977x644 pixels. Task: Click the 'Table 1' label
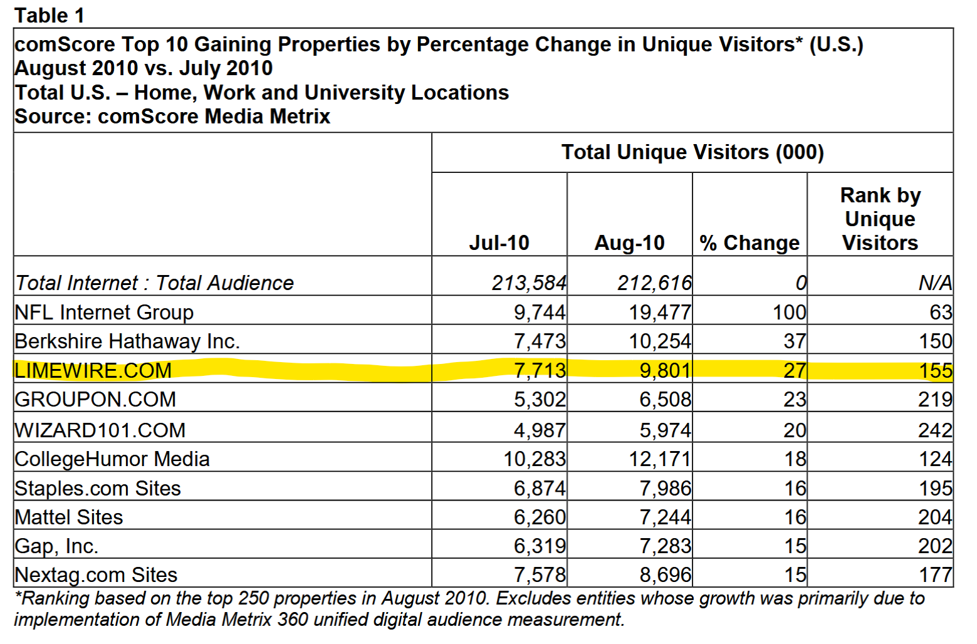[49, 15]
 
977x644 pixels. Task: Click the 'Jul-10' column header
[499, 242]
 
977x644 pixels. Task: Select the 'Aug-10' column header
[629, 242]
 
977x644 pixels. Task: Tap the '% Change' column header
[750, 242]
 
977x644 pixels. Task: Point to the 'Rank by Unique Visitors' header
[880, 219]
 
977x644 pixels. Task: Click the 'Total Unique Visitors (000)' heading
[692, 152]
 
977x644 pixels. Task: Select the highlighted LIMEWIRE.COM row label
[93, 370]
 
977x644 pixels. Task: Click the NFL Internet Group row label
[104, 312]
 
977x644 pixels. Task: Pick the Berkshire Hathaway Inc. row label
[127, 341]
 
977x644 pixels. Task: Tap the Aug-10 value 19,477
[660, 312]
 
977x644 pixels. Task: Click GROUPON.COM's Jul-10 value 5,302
[540, 399]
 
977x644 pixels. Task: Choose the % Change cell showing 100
[789, 312]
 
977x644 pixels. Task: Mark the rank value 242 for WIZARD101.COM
[935, 430]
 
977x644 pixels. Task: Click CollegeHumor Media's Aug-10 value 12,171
[660, 459]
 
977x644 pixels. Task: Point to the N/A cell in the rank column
[935, 283]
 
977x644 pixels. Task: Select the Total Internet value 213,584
[529, 283]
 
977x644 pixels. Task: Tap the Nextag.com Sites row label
[96, 575]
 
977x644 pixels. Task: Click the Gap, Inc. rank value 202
[935, 546]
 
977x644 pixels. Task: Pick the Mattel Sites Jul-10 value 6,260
[540, 517]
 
